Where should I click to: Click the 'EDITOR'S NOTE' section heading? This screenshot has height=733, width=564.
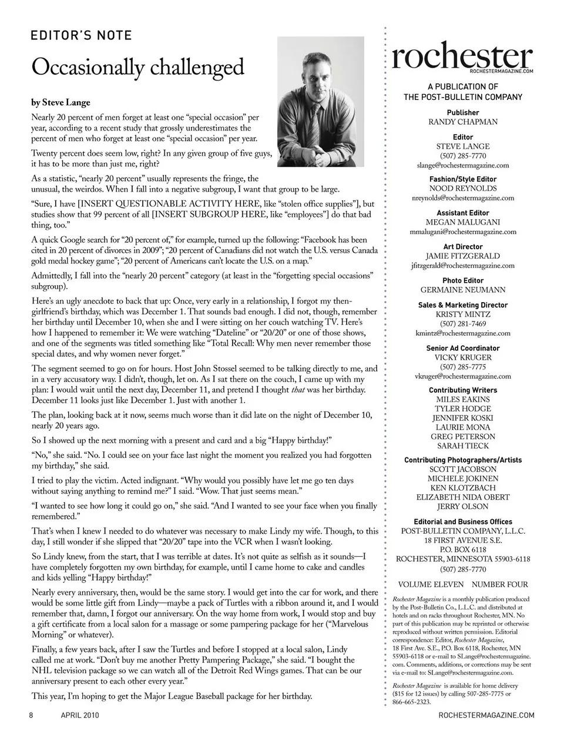tap(81, 35)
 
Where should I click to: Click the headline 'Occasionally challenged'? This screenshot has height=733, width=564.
tap(137, 67)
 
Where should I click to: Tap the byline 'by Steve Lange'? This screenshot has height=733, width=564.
tap(61, 102)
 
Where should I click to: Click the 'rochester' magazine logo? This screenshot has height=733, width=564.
tap(462, 56)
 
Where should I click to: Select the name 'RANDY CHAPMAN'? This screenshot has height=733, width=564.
tap(463, 122)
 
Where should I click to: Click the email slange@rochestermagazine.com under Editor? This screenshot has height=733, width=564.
tap(463, 166)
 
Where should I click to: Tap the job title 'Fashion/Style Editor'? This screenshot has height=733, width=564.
tap(463, 179)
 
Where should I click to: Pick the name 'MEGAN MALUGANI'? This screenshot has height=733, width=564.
tap(463, 222)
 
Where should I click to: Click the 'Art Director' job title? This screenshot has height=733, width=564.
tap(463, 247)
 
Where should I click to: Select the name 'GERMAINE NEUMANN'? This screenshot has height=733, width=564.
tap(463, 290)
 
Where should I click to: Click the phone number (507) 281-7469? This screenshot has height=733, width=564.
tap(463, 324)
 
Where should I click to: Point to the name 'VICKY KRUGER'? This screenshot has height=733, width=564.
tap(463, 357)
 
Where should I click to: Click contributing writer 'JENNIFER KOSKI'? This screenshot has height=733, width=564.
tap(463, 418)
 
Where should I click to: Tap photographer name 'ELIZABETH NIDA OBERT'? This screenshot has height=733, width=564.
tap(463, 497)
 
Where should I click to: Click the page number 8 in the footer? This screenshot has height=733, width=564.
tap(31, 715)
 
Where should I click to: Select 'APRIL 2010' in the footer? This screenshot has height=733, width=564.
tap(80, 715)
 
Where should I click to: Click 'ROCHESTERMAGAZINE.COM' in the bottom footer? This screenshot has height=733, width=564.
tap(486, 715)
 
